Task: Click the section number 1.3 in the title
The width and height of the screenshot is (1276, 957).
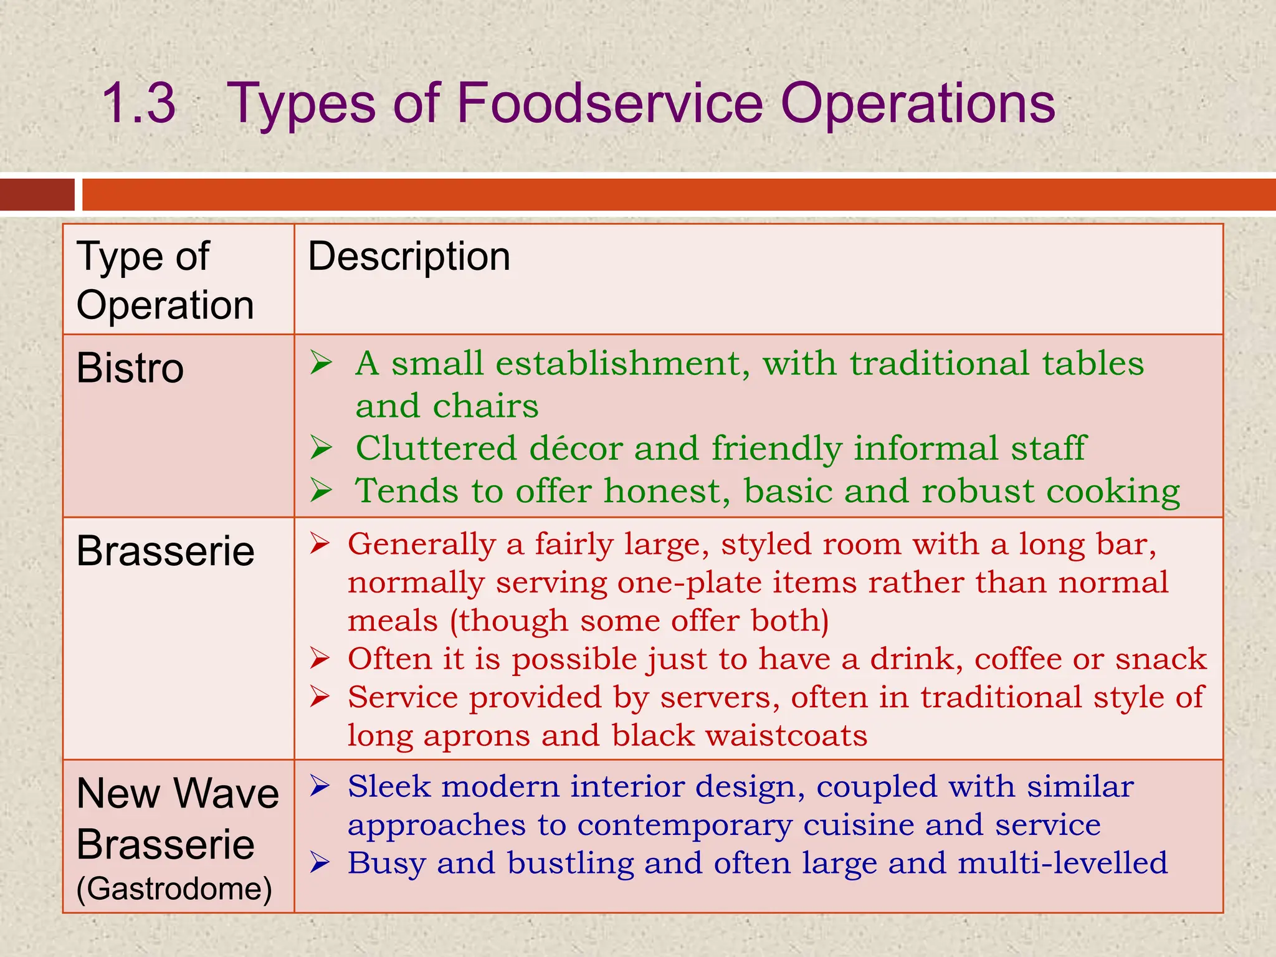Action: pos(138,103)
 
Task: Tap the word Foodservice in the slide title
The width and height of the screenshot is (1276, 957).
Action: pos(610,103)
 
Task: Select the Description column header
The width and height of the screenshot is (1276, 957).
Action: pos(409,257)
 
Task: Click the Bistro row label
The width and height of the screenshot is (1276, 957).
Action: pos(130,368)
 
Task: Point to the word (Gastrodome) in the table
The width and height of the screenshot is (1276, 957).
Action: pos(174,888)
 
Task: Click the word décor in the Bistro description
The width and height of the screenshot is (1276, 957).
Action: pos(576,448)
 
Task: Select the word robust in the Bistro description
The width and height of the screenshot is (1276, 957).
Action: pos(978,491)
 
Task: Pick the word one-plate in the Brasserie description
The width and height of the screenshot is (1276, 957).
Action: pos(689,583)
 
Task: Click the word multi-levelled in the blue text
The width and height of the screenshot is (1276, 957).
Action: pos(1062,864)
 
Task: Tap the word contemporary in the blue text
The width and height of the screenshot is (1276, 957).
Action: pos(684,826)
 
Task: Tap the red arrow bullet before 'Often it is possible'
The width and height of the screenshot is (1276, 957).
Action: pos(320,659)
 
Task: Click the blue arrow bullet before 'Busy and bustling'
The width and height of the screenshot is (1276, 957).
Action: pos(320,863)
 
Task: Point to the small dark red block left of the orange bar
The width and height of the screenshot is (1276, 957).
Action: pos(37,194)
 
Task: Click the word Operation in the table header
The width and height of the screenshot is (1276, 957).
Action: pos(165,305)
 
